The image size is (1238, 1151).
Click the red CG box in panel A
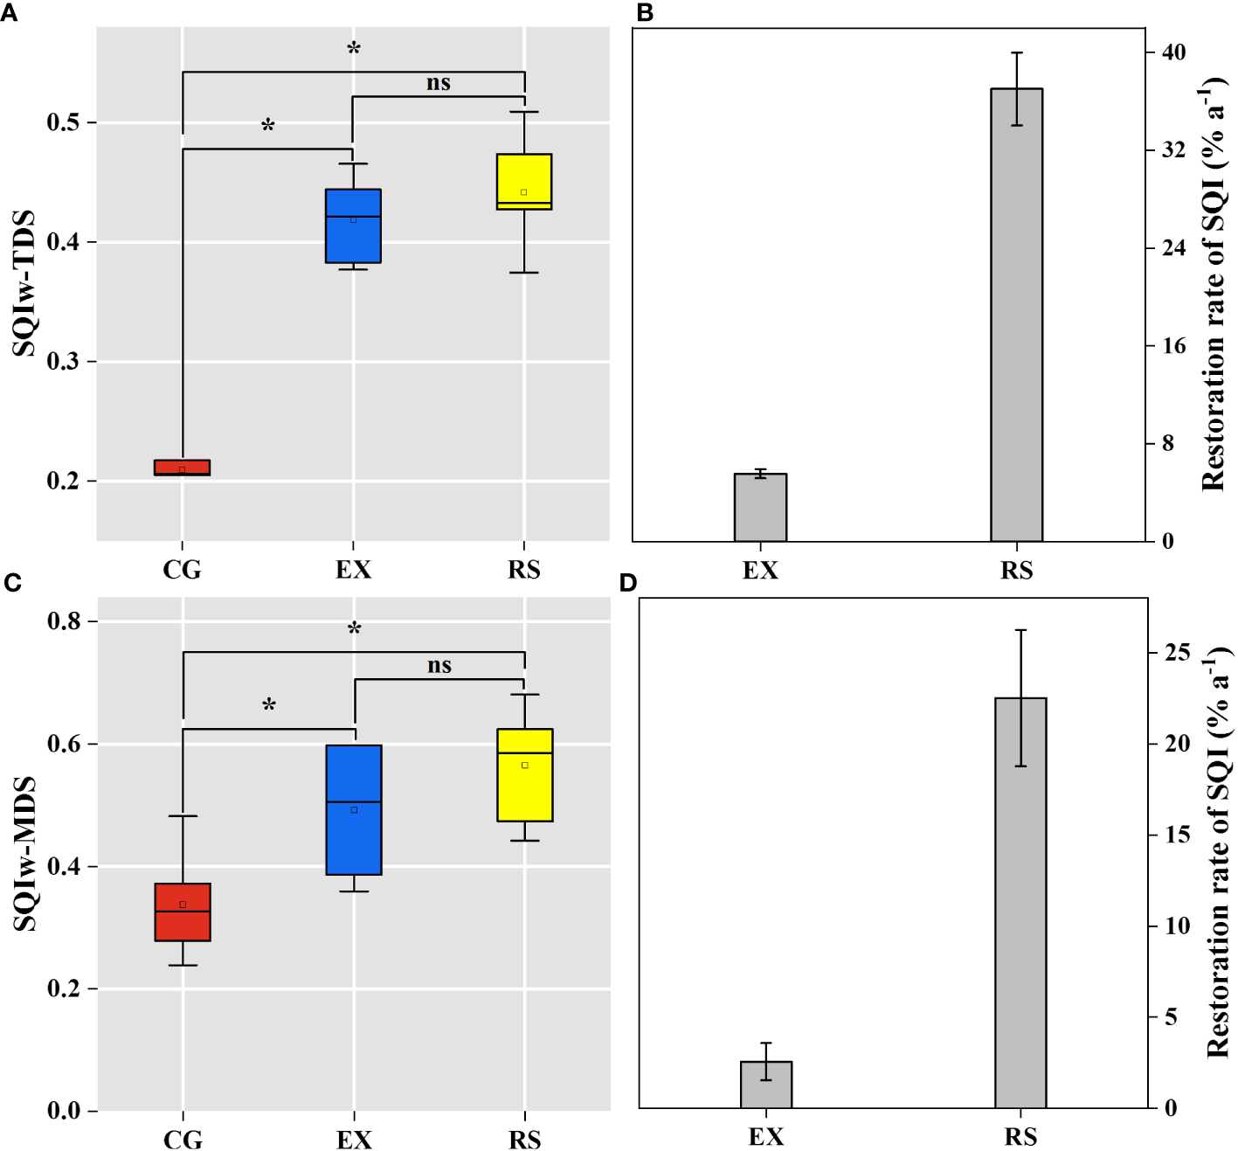182,468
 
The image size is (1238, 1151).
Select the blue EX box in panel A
353,225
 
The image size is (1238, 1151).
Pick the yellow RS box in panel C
525,774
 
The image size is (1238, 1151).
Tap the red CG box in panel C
183,912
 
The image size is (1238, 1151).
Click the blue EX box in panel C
354,809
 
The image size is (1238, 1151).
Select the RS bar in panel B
1016,315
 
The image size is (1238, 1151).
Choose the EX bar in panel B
760,507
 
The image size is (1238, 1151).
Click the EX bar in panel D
766,1085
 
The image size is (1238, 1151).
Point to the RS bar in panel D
1020,902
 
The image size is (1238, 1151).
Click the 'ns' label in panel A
439,83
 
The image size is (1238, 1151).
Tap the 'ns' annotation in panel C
439,666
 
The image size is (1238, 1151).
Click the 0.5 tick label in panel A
63,122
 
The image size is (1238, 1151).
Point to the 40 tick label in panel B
1173,52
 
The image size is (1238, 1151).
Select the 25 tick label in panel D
1177,653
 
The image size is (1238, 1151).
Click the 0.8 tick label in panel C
64,621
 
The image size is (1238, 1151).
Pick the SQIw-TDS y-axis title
24,283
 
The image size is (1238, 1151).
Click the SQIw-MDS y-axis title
24,853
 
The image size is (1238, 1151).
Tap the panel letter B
645,13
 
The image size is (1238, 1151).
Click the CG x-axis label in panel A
182,570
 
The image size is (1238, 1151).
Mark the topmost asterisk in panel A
354,49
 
